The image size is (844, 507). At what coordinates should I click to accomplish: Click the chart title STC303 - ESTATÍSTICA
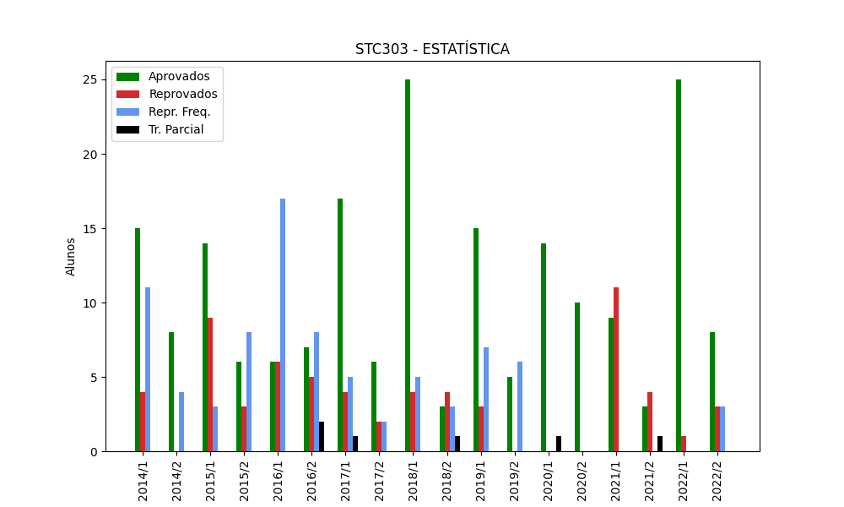point(432,49)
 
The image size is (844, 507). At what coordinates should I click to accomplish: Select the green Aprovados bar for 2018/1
point(408,265)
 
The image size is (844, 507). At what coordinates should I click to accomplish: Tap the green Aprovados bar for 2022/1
point(679,265)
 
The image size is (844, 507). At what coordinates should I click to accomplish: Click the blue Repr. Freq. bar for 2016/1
point(283,325)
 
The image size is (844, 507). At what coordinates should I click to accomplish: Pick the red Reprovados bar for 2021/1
point(616,369)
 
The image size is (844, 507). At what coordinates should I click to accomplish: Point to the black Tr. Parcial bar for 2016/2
point(322,437)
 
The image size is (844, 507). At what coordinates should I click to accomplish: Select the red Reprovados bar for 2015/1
point(210,384)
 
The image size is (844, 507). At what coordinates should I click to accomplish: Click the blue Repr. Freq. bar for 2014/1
point(148,369)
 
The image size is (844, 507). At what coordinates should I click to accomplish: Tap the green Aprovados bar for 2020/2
point(577,377)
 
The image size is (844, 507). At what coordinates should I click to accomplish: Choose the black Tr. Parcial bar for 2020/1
point(559,444)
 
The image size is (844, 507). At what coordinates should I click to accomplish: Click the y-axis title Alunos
point(71,256)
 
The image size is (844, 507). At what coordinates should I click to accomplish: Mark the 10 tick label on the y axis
point(94,303)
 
